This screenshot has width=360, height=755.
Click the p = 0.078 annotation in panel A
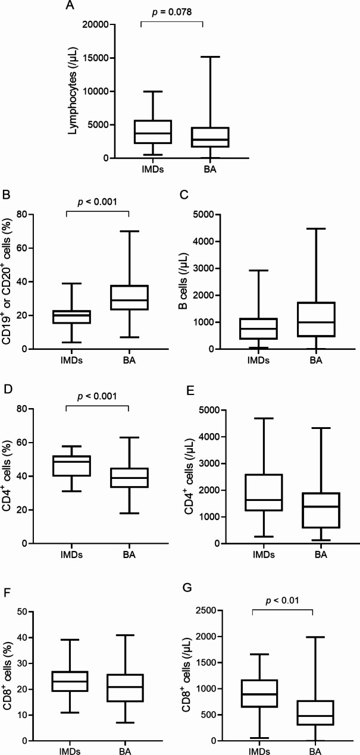pyautogui.click(x=172, y=12)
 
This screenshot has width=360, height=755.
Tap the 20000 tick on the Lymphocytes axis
pyautogui.click(x=96, y=24)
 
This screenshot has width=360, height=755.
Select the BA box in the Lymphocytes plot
pyautogui.click(x=210, y=137)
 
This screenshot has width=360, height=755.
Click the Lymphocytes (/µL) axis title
pyautogui.click(x=73, y=90)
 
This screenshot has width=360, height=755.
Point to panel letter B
pyautogui.click(x=6, y=195)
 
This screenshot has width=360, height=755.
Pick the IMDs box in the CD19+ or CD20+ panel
pyautogui.click(x=71, y=317)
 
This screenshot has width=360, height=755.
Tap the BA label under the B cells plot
pyautogui.click(x=316, y=361)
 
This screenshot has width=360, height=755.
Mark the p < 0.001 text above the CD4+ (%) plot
pyautogui.click(x=97, y=396)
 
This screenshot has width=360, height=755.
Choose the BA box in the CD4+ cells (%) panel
pyautogui.click(x=129, y=478)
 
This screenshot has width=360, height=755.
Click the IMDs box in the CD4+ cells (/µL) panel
pyautogui.click(x=264, y=493)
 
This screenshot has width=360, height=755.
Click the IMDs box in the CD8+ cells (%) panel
pyautogui.click(x=70, y=681)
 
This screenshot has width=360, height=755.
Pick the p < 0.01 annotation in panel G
pyautogui.click(x=283, y=601)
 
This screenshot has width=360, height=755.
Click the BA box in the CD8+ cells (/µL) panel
pyautogui.click(x=315, y=713)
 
